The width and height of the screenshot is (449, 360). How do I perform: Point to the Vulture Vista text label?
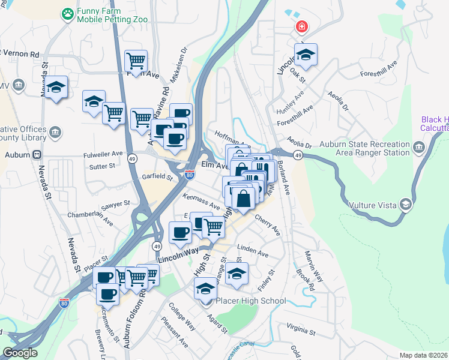(x=373, y=205)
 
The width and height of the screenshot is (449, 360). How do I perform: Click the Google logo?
(x=20, y=353)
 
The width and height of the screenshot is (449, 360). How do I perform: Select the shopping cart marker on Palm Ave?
(x=136, y=61)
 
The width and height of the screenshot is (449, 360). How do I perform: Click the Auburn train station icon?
(x=37, y=154)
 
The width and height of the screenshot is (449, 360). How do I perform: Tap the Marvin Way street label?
(x=314, y=266)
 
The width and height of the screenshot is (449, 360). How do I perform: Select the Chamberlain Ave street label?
(x=91, y=217)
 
